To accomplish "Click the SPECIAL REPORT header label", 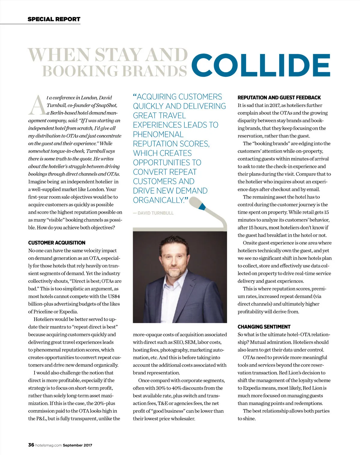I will click(54, 19).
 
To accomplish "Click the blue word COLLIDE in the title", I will click(260, 65).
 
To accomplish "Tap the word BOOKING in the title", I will click(80, 71).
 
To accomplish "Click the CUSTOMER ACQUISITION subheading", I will click(57, 243).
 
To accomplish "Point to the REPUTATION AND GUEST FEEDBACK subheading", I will click(279, 98).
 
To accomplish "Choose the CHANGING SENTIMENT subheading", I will click(264, 327).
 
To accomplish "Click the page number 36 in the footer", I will click(31, 445).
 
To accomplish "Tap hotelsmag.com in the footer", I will click(48, 445).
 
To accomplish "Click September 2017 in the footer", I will click(77, 445).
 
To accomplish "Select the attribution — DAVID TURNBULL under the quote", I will click(153, 213).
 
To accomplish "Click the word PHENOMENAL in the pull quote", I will click(158, 134).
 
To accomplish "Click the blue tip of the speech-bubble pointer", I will click(202, 206).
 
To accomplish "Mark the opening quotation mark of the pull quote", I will click(135, 97).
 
